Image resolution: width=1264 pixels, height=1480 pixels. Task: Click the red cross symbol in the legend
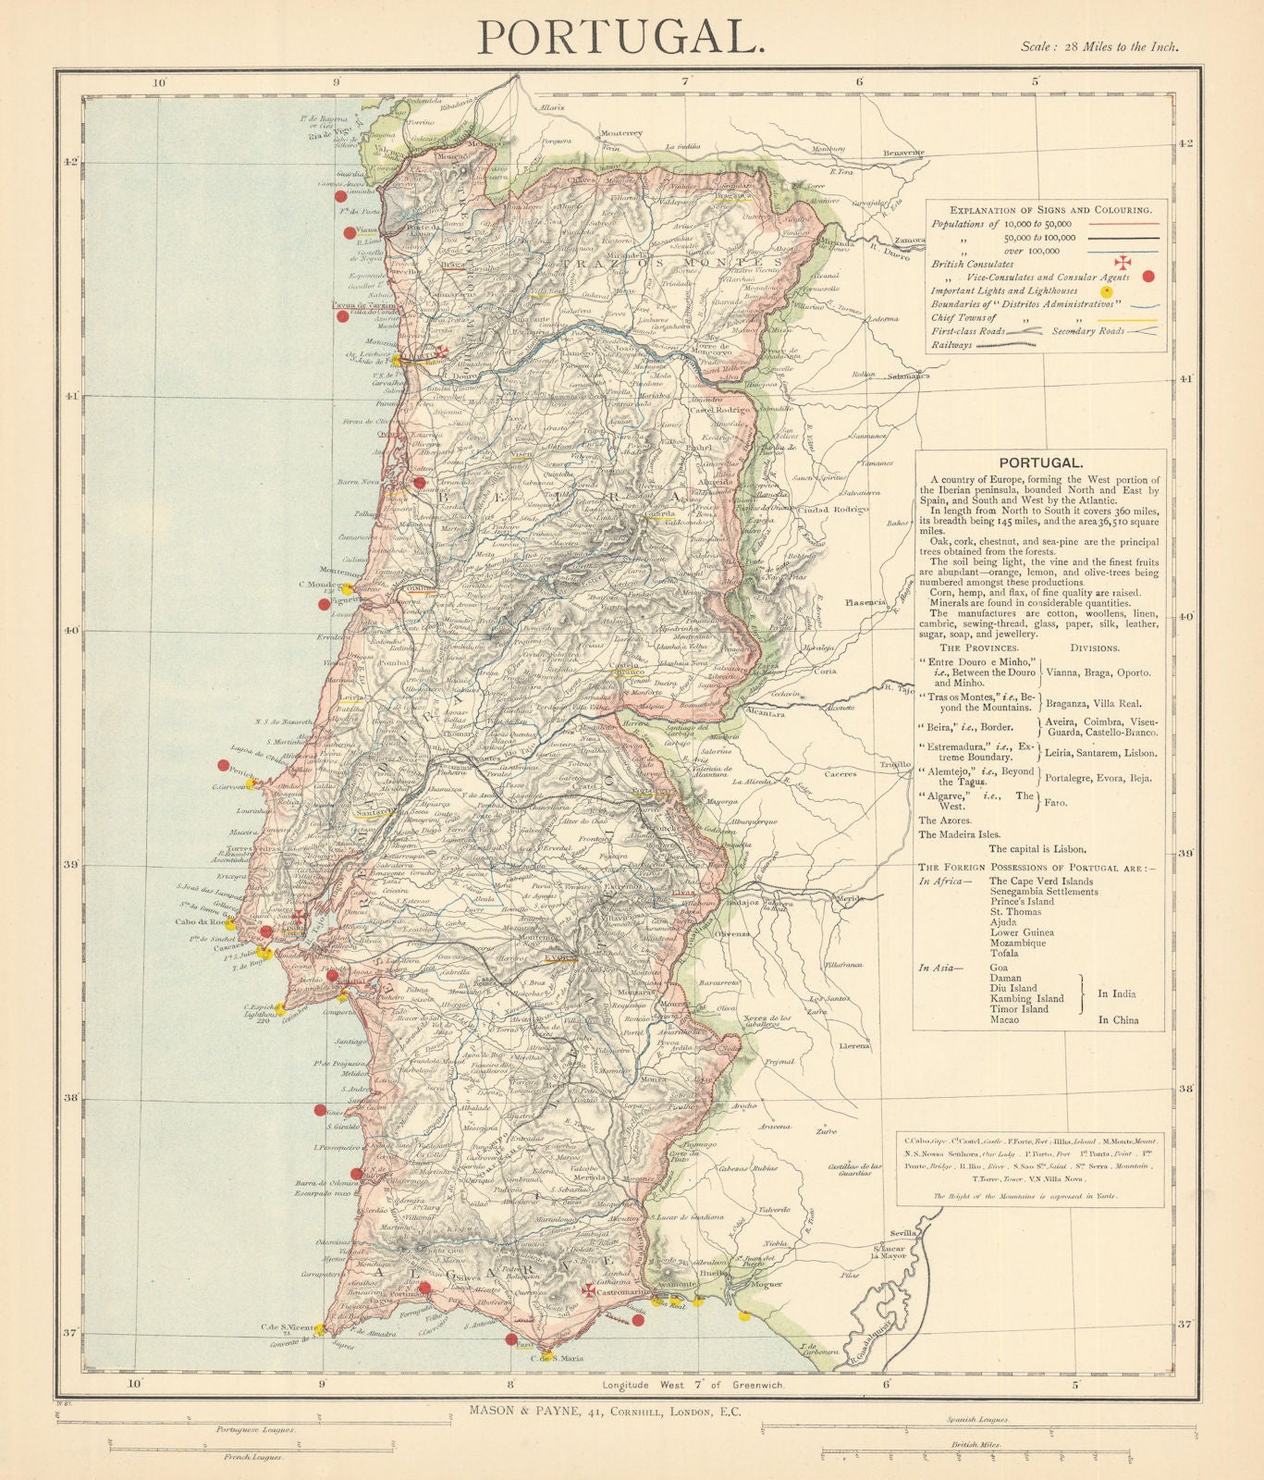coord(1123,263)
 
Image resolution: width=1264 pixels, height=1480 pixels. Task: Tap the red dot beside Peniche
coord(223,765)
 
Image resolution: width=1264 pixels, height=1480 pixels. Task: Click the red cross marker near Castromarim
coord(588,1289)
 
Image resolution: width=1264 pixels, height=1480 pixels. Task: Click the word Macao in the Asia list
coord(1005,1019)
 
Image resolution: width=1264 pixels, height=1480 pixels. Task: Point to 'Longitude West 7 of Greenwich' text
coord(693,1385)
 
